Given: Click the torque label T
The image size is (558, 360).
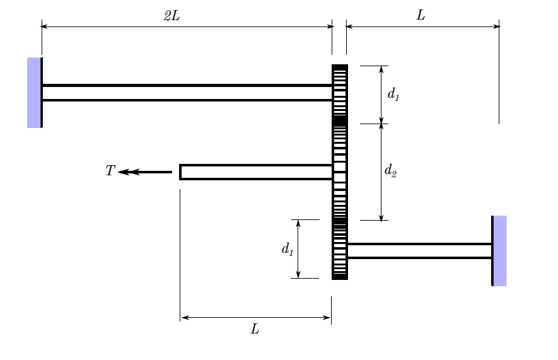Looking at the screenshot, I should pyautogui.click(x=110, y=171).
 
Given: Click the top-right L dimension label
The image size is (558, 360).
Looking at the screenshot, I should pyautogui.click(x=421, y=16).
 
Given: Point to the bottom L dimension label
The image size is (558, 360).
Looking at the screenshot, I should pyautogui.click(x=255, y=329).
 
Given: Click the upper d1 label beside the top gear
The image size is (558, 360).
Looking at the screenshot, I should pyautogui.click(x=393, y=95).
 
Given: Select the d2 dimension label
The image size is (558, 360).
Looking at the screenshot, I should pyautogui.click(x=390, y=170).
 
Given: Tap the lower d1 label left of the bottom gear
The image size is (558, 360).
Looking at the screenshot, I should pyautogui.click(x=288, y=250).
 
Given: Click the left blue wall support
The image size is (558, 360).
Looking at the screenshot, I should pyautogui.click(x=34, y=93).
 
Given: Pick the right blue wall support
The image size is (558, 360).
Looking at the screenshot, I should pyautogui.click(x=499, y=250).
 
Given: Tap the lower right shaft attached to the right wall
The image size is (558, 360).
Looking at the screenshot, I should pyautogui.click(x=419, y=250).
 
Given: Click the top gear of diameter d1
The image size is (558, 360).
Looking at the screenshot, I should pyautogui.click(x=340, y=93).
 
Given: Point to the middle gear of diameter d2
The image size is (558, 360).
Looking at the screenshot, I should pyautogui.click(x=340, y=171).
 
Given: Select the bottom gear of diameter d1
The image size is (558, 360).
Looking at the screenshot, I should pyautogui.click(x=340, y=250).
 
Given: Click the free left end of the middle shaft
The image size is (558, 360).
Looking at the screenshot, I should pyautogui.click(x=181, y=171).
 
